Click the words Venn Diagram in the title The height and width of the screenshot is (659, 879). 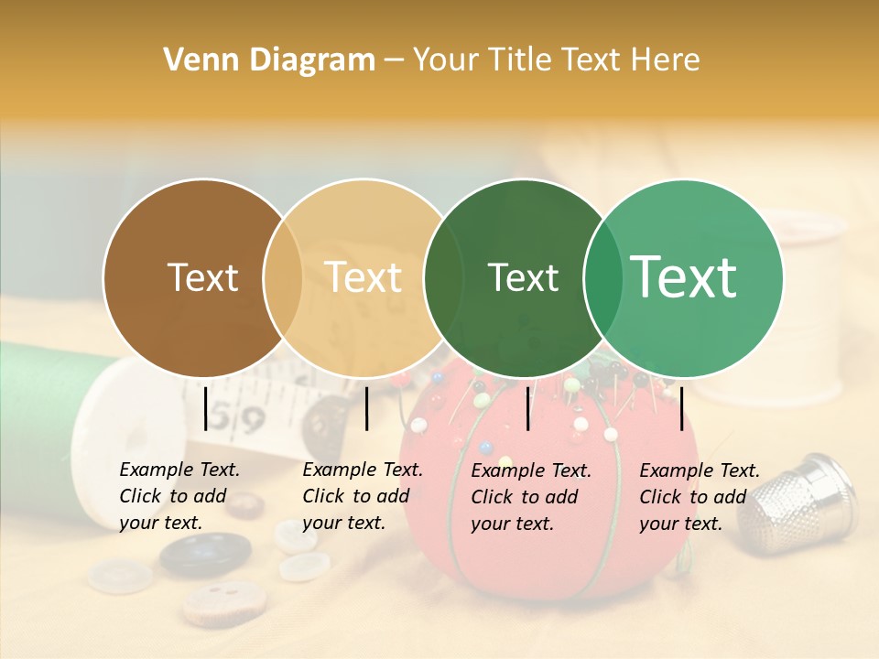pyautogui.click(x=269, y=60)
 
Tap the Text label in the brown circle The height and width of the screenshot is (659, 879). pyautogui.click(x=202, y=277)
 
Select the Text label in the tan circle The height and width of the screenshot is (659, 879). pyautogui.click(x=364, y=277)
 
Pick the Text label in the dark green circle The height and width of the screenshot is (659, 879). pyautogui.click(x=523, y=277)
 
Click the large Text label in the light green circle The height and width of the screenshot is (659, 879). pyautogui.click(x=684, y=276)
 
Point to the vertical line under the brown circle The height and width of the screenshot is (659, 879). pyautogui.click(x=205, y=408)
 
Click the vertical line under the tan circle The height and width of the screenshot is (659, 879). pyautogui.click(x=366, y=408)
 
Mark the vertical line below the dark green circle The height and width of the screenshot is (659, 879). pyautogui.click(x=527, y=408)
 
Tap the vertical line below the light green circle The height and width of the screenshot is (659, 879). pyautogui.click(x=681, y=408)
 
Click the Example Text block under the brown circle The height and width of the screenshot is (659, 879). pyautogui.click(x=179, y=496)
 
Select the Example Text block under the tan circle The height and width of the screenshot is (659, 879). pyautogui.click(x=362, y=496)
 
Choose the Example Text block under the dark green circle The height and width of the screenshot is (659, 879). pyautogui.click(x=530, y=497)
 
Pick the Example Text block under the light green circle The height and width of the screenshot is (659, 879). pyautogui.click(x=699, y=497)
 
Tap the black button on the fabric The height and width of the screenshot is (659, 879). pyautogui.click(x=205, y=553)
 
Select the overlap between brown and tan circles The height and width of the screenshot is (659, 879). pyautogui.click(x=283, y=278)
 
